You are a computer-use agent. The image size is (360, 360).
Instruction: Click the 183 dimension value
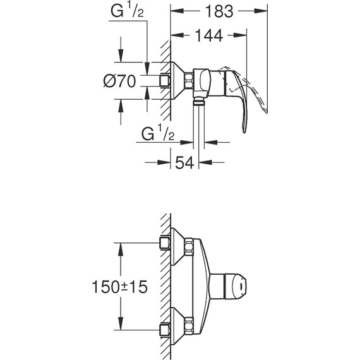219,11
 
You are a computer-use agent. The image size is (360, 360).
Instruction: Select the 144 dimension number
208,35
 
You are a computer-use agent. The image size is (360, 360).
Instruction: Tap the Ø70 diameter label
119,81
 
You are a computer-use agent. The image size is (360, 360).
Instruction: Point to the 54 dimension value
184,163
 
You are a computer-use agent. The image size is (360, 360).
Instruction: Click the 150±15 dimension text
119,287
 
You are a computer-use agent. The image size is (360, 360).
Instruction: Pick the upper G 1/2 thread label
127,11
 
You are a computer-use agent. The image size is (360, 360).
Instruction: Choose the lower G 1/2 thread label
158,134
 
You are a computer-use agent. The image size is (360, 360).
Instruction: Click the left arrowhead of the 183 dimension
177,11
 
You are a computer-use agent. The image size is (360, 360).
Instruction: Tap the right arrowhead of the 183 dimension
261,11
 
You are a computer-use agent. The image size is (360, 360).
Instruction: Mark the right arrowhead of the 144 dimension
240,35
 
